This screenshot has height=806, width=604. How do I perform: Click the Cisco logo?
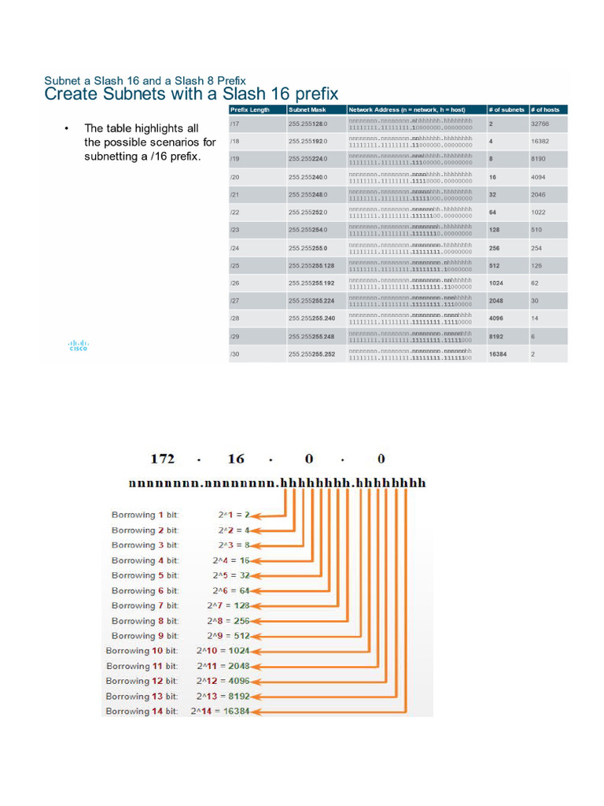pos(79,345)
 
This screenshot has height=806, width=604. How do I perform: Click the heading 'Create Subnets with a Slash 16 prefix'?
pos(191,94)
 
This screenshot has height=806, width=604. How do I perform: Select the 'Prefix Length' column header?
pos(249,110)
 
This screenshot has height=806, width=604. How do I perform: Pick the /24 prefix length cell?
pos(234,248)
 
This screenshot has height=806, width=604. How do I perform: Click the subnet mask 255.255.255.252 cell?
pos(311,354)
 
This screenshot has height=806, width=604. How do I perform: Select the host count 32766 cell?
pos(540,124)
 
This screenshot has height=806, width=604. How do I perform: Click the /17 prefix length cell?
pos(234,124)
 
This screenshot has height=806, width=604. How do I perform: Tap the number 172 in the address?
pos(162,459)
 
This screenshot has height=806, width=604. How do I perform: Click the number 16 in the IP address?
pos(237,459)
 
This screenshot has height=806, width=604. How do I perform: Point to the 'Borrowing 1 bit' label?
pos(145,515)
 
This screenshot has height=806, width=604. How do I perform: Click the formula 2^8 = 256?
pos(228,621)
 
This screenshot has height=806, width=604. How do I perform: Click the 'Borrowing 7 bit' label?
pos(145,605)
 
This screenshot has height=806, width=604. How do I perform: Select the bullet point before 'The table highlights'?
pos(67,128)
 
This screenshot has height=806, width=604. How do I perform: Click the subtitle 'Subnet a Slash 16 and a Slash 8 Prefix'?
pos(145,81)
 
